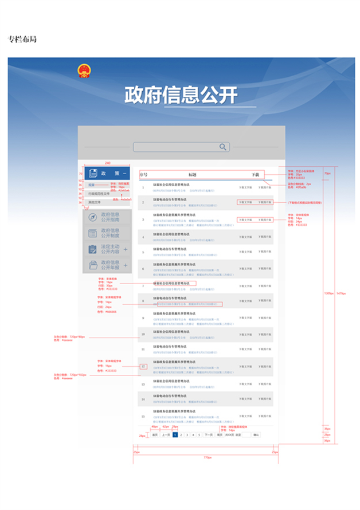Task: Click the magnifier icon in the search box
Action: tap(222, 147)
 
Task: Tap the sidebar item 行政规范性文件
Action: tap(99, 194)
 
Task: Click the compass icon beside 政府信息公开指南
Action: tap(92, 217)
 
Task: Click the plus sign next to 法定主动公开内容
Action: tap(126, 249)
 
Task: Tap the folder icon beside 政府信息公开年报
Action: tap(92, 265)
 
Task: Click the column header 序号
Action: tap(143, 174)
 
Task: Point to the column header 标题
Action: tap(193, 174)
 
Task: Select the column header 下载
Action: tap(255, 174)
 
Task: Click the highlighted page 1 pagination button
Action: tap(175, 435)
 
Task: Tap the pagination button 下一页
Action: tap(209, 435)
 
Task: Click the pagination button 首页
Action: tap(155, 435)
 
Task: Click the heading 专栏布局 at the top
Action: tap(22, 40)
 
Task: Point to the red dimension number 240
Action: tap(108, 163)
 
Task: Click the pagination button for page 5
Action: tap(199, 435)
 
